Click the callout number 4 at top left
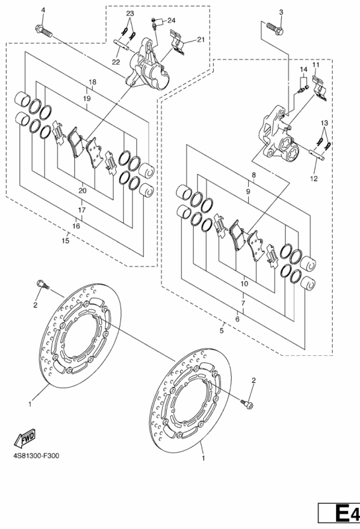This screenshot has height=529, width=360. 43,10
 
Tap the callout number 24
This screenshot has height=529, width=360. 171,20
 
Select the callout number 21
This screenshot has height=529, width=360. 201,40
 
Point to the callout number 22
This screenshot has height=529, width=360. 116,62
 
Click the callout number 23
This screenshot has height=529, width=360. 130,13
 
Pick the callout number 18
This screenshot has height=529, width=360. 93,82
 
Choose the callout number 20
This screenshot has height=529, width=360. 83,190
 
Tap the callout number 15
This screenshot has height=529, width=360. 66,241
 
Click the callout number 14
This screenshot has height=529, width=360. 304,69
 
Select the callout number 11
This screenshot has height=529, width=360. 316,64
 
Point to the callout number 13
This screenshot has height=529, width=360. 324,123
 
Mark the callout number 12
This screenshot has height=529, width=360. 314,179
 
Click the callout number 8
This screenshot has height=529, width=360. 253,175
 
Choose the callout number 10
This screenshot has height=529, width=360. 244,284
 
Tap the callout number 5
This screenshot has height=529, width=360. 222,330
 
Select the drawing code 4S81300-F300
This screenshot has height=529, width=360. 36,456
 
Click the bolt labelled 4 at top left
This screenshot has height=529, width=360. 44,30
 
